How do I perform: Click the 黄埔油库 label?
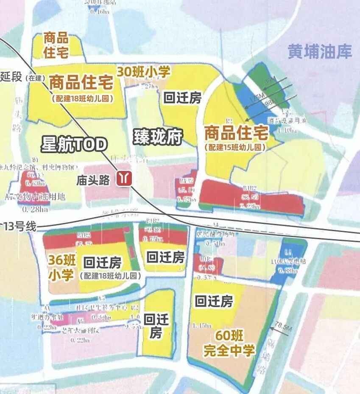coord(320,52)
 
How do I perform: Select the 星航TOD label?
coord(74,145)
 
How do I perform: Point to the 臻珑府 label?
coord(158,137)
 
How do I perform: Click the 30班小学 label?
coord(143,72)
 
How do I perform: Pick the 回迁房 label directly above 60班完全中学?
coord(214,302)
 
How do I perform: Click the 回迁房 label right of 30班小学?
coord(182,98)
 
